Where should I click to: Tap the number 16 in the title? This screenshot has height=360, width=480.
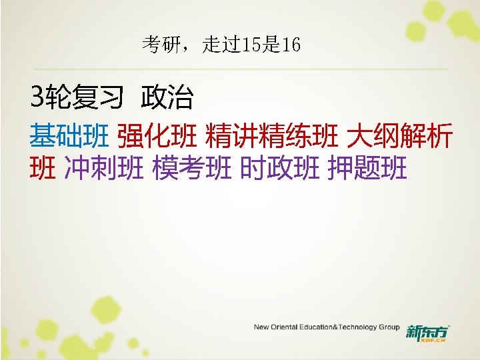291,45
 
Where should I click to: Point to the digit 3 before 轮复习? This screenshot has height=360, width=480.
36,98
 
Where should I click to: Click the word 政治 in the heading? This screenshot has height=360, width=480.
167,99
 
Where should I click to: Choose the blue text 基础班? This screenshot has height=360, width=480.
69,137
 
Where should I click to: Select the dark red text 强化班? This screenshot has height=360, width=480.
157,137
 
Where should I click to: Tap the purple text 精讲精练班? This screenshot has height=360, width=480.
271,137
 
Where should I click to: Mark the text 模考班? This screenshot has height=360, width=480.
192,169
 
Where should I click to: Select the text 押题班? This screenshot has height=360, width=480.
367,169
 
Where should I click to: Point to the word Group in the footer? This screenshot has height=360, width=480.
389,327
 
